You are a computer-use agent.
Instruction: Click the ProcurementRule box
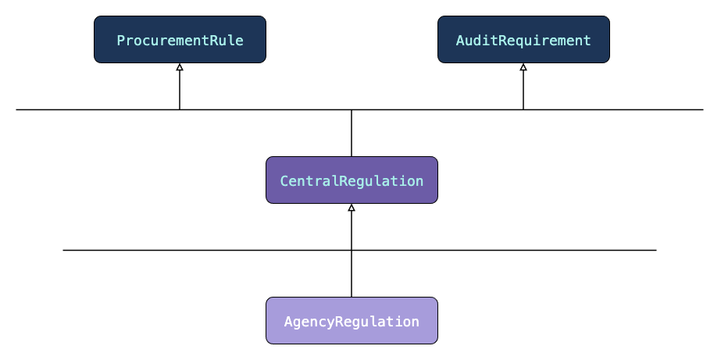pyautogui.click(x=180, y=40)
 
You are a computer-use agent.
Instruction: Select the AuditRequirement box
pyautogui.click(x=523, y=40)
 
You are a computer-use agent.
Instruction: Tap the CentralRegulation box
pyautogui.click(x=352, y=180)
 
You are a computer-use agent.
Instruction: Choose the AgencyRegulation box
pyautogui.click(x=352, y=320)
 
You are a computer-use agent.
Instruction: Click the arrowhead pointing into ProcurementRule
pyautogui.click(x=180, y=67)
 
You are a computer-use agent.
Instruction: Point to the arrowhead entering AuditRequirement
pyautogui.click(x=523, y=67)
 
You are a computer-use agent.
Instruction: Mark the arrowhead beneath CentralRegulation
pyautogui.click(x=352, y=208)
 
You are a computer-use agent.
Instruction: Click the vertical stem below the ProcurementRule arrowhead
pyautogui.click(x=180, y=90)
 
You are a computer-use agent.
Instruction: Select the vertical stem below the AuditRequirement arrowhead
pyautogui.click(x=523, y=90)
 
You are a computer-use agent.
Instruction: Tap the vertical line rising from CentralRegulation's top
pyautogui.click(x=352, y=134)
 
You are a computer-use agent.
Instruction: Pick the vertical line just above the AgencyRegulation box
pyautogui.click(x=352, y=274)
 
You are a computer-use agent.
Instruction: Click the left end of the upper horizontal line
pyautogui.click(x=16, y=110)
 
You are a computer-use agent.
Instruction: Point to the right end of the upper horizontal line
pyautogui.click(x=703, y=110)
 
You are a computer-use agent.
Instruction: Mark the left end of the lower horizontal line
pyautogui.click(x=63, y=251)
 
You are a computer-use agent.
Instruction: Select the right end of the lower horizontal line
pyautogui.click(x=656, y=251)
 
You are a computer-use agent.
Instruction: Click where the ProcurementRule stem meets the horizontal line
pyautogui.click(x=180, y=110)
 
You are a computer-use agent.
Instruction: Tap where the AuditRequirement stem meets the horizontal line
pyautogui.click(x=523, y=110)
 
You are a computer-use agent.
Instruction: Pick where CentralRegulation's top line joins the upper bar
pyautogui.click(x=352, y=110)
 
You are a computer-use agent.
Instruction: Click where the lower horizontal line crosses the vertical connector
pyautogui.click(x=352, y=251)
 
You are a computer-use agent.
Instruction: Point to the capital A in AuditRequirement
pyautogui.click(x=460, y=41)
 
